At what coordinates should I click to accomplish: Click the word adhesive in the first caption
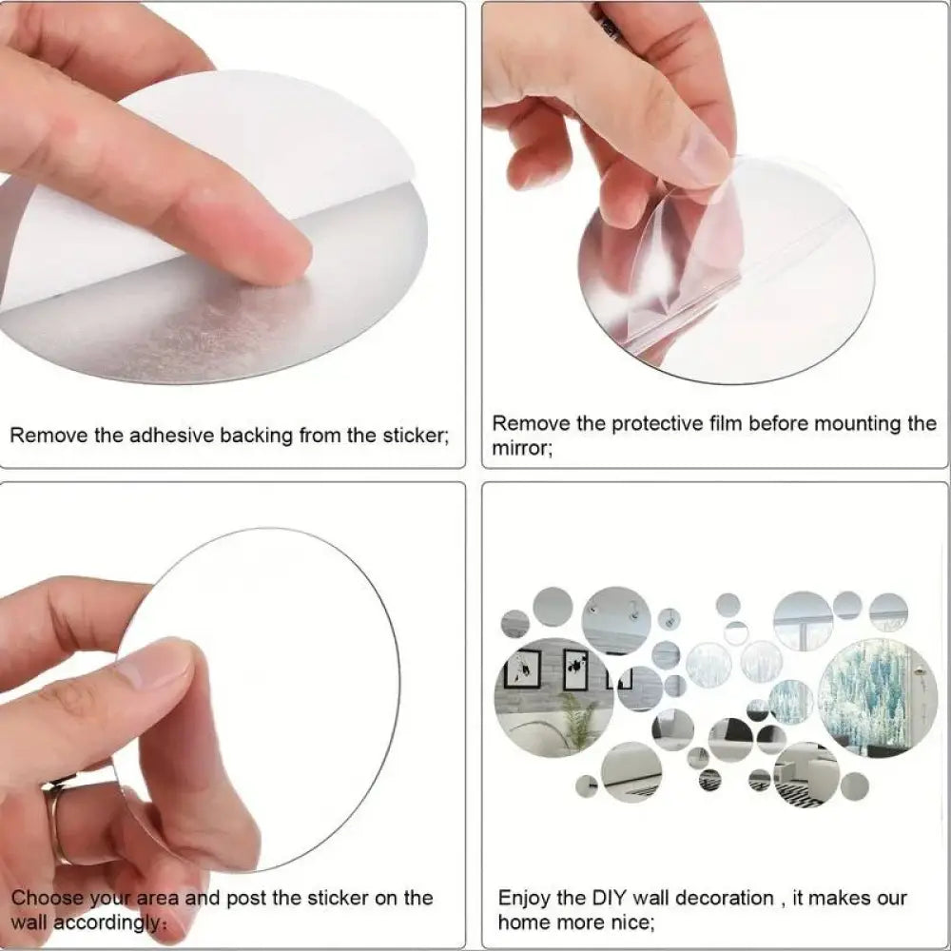[x=171, y=437]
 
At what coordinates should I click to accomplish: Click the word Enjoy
[x=525, y=899]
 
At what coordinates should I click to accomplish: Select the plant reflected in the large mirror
[x=577, y=720]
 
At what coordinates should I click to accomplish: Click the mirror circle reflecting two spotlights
[x=616, y=619]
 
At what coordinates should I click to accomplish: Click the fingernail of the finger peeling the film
[x=705, y=158]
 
